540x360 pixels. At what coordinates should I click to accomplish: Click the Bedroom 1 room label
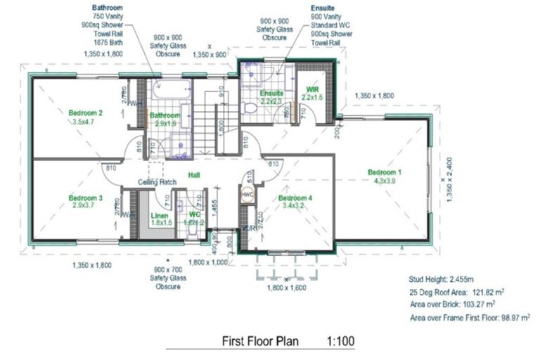pos(385,172)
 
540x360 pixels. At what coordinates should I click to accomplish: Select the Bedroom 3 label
pos(86,199)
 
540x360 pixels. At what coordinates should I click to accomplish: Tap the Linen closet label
pos(162,216)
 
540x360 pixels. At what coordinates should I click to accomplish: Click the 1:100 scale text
pos(340,342)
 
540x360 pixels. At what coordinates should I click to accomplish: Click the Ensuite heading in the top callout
pos(325,6)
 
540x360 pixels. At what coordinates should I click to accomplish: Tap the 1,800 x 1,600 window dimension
pos(287,287)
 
